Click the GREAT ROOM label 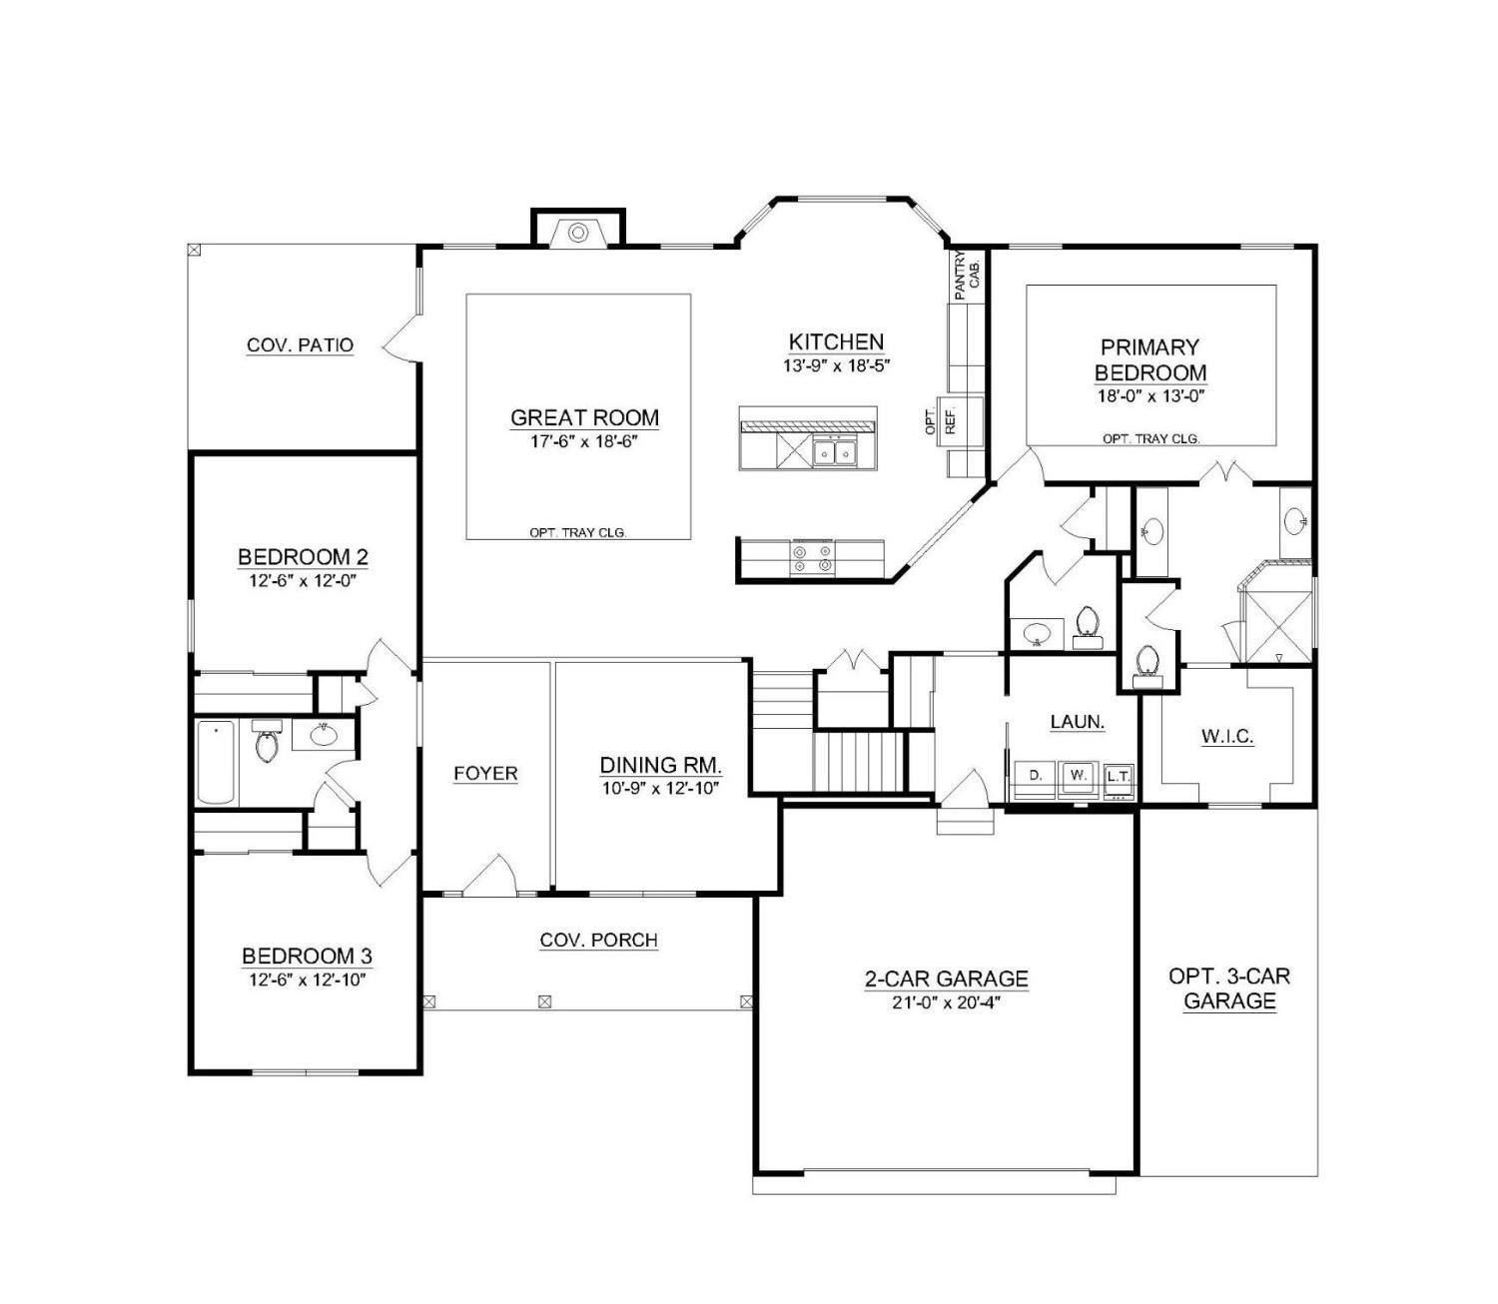(x=584, y=417)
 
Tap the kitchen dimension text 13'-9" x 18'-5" (x=835, y=365)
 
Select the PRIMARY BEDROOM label (x=1149, y=359)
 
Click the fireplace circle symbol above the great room (x=577, y=233)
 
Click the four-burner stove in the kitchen (x=811, y=557)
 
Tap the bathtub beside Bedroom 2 (x=216, y=762)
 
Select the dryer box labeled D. (x=1036, y=775)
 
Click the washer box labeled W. (x=1078, y=775)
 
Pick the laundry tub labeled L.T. (x=1118, y=776)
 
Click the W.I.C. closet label (x=1226, y=737)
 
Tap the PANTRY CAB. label (x=966, y=275)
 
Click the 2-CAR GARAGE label (x=946, y=978)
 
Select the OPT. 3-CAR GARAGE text (x=1229, y=988)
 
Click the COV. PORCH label (x=598, y=940)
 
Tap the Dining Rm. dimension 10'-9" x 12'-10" (x=660, y=787)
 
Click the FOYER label (x=485, y=773)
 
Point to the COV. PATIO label (x=300, y=345)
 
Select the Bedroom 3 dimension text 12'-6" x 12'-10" (x=308, y=979)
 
